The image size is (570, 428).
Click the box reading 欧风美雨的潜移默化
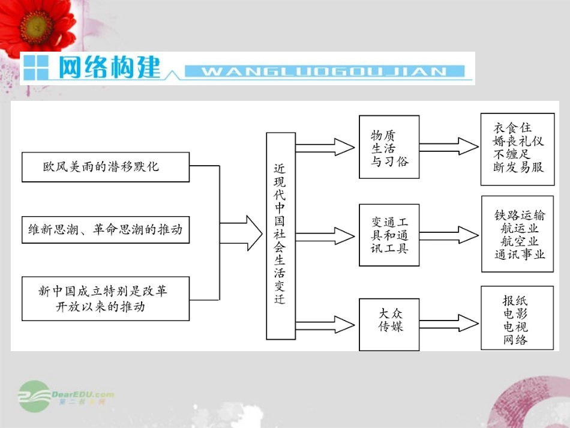coord(105,166)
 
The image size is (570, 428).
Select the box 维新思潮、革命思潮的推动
coord(105,230)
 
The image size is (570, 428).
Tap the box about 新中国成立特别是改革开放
coord(105,298)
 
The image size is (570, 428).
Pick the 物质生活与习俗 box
coord(389,147)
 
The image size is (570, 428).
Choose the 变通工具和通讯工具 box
coord(389,235)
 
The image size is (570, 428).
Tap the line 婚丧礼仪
coord(518,141)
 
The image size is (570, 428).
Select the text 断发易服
coord(518,167)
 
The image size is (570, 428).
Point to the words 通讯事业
coord(520,254)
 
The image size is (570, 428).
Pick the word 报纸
coord(515,300)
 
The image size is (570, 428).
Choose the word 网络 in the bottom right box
coord(515,340)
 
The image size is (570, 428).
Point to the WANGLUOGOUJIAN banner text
coord(324,72)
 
